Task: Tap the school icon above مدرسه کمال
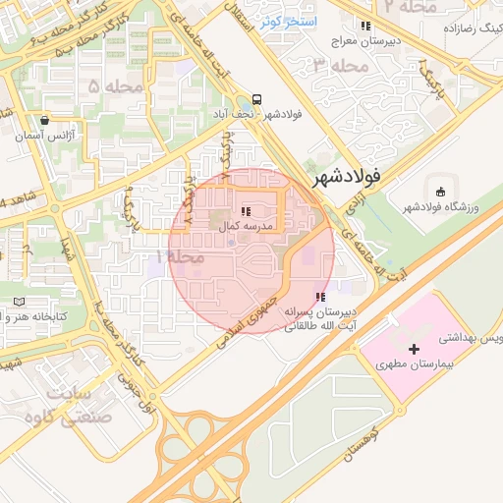[245, 211]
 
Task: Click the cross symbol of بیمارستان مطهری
[414, 349]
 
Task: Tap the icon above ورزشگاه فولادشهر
[439, 191]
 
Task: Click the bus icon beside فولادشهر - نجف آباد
[256, 99]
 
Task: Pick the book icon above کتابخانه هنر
[20, 302]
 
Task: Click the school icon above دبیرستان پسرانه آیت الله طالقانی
[319, 297]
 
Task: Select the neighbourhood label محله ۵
[108, 87]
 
